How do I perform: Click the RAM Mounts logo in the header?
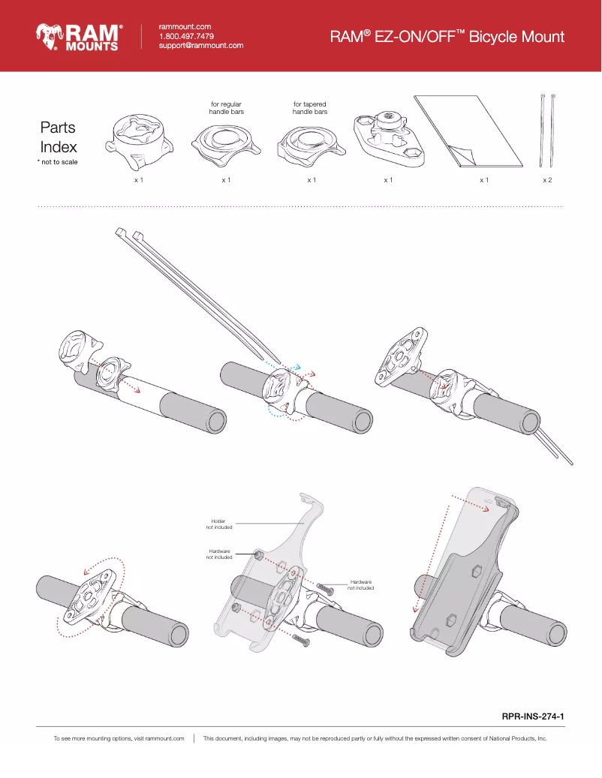point(80,37)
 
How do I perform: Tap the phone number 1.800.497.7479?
point(186,36)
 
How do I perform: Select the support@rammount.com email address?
point(201,46)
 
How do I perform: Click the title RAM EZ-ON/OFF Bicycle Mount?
point(447,37)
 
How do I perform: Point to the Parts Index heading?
point(58,137)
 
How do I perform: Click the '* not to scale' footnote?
point(57,162)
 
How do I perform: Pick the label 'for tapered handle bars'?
point(310,108)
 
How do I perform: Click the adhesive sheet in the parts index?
point(469,131)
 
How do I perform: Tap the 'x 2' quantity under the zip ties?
point(548,181)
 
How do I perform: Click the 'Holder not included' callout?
point(219,524)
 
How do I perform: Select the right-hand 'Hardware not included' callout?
point(360,584)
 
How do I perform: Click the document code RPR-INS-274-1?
point(532,716)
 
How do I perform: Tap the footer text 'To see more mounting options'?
point(119,739)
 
